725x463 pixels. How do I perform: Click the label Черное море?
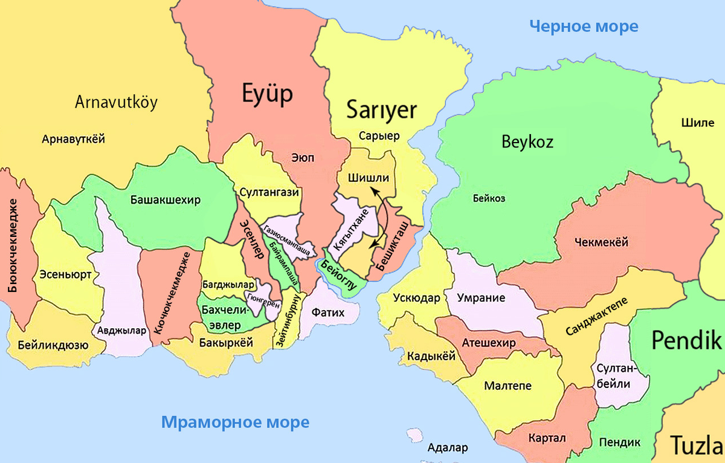tap(583, 26)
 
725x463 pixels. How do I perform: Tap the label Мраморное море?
tap(235, 422)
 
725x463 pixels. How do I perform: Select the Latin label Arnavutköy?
tap(116, 102)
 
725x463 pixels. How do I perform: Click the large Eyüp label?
tap(267, 94)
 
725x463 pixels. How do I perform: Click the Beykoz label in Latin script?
tap(527, 142)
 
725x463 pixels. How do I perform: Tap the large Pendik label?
tap(686, 341)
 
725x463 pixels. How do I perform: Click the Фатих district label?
tap(328, 313)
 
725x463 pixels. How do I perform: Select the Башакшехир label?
tap(165, 200)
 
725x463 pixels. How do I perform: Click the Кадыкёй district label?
tap(430, 357)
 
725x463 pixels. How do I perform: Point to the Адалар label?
tap(447, 448)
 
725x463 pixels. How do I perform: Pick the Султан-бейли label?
tap(614, 375)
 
